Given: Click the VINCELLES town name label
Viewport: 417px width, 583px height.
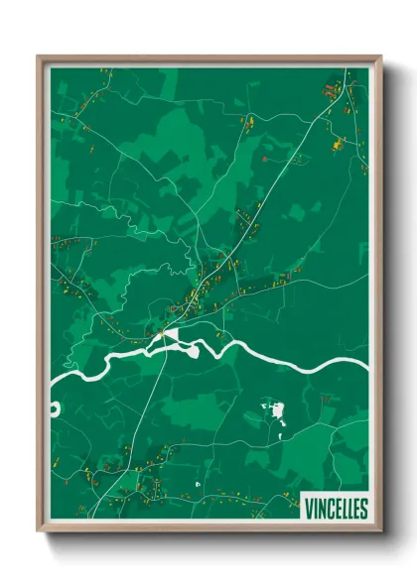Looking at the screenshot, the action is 335,508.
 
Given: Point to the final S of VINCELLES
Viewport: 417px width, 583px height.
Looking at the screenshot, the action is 363,508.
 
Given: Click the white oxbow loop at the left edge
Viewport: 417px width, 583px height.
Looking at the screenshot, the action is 56,408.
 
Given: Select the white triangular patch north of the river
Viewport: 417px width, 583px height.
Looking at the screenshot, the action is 172,337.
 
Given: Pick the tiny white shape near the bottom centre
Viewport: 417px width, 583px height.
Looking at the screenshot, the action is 198,483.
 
